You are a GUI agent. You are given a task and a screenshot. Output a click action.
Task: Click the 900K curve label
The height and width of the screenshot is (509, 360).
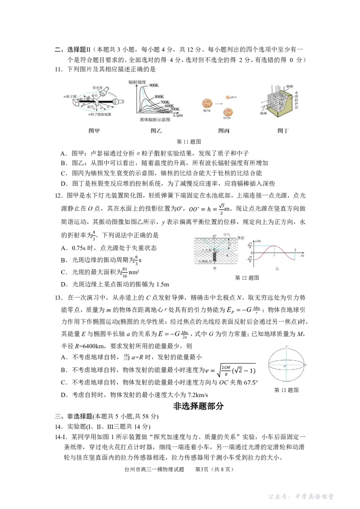155,85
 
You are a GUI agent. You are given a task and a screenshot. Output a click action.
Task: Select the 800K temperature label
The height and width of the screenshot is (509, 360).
160,97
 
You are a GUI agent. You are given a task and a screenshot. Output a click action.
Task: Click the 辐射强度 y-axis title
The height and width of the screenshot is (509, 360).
139,81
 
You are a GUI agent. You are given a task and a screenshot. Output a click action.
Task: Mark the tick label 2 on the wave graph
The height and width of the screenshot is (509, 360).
295,250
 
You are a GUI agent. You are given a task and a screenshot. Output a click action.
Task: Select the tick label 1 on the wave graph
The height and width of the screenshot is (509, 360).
274,255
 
